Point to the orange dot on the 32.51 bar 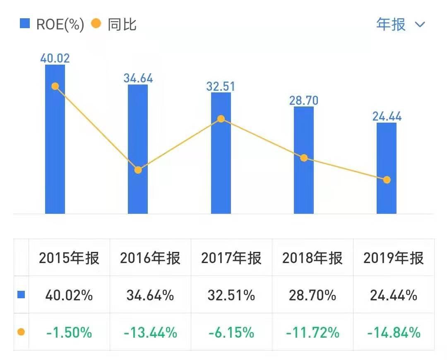[x=221, y=119]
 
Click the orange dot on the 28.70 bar [x=304, y=158]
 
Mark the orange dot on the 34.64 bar [x=138, y=170]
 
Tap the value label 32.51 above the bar [x=221, y=86]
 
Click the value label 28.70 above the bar [x=303, y=100]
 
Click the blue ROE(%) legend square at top [x=25, y=24]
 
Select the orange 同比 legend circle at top [x=96, y=24]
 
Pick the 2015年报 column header [x=69, y=258]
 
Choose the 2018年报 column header [x=312, y=258]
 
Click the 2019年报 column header [x=394, y=258]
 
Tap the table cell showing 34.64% [x=150, y=295]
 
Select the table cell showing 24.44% [x=394, y=295]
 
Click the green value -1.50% [x=69, y=332]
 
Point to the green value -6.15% [x=231, y=332]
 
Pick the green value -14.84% [x=394, y=332]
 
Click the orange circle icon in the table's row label [x=21, y=332]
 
